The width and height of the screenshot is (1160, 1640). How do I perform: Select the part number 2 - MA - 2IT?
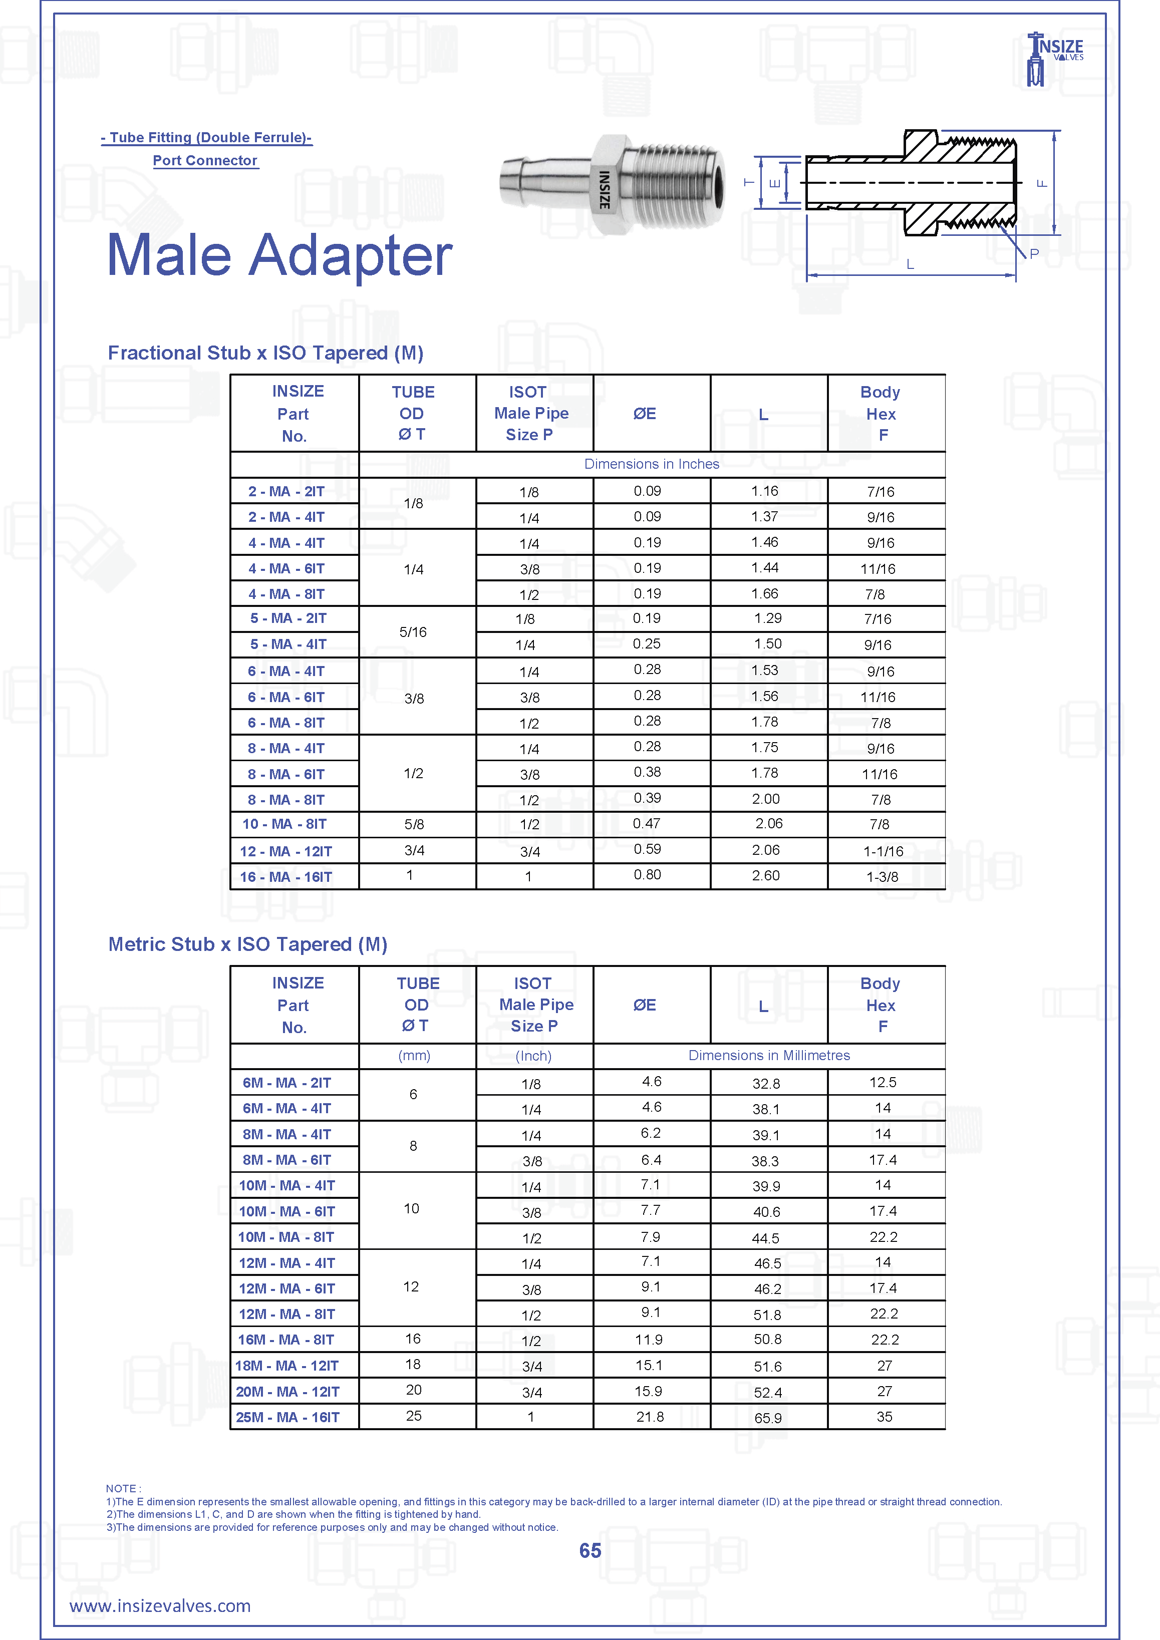coord(286,491)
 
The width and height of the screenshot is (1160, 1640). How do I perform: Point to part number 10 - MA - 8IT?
coord(284,824)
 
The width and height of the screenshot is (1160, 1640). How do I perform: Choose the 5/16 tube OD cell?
coord(413,632)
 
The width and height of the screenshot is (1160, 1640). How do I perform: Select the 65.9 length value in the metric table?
coord(768,1418)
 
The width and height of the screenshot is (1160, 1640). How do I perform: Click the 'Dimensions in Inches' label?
coord(652,464)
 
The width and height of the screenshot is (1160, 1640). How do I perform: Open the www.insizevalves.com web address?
coord(160,1606)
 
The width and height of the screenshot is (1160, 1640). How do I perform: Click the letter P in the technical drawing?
coord(1034,253)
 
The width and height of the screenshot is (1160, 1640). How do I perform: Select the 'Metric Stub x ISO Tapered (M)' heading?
coord(248,944)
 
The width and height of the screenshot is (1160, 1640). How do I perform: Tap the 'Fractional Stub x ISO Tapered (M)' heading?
coord(266,353)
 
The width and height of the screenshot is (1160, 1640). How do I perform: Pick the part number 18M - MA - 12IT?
coord(287,1366)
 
